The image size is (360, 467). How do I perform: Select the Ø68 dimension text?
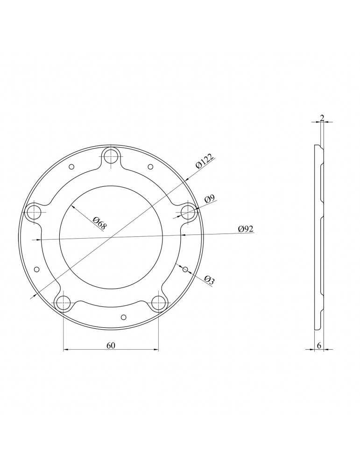click(x=99, y=223)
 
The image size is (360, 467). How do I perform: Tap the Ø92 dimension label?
click(x=246, y=229)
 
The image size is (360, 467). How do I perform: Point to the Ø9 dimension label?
click(x=210, y=199)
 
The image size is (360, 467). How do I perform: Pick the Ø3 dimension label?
click(x=209, y=279)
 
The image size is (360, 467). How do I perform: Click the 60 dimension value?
click(x=111, y=345)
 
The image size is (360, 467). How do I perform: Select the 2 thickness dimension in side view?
click(x=322, y=118)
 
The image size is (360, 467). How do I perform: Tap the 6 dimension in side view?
click(x=318, y=346)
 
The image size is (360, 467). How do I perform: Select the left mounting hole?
click(x=33, y=212)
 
